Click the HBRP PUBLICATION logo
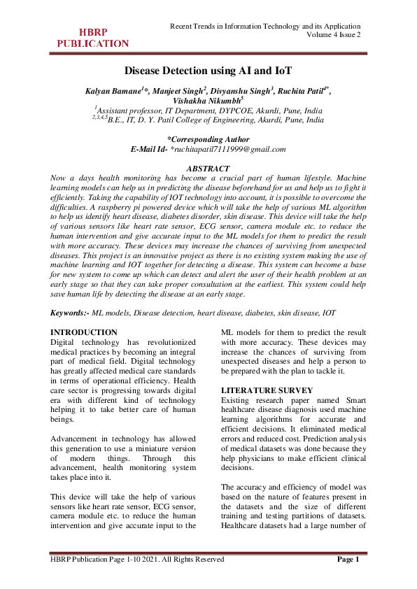92,38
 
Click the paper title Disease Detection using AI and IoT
208,71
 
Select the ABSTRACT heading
208,169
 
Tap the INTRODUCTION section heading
85,332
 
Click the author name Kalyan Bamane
113,91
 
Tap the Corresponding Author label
208,139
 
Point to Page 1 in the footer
348,559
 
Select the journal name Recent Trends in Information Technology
266,26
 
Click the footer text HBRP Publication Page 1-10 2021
137,559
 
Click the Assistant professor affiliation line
208,111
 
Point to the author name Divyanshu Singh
239,91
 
